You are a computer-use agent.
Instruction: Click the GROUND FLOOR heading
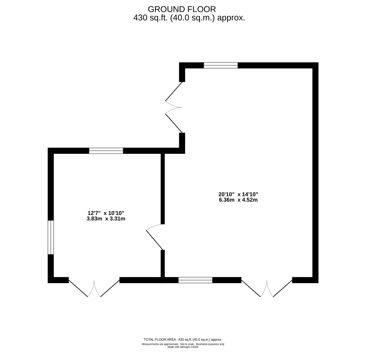point(182,9)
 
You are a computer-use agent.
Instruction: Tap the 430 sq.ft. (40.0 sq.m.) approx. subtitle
point(189,18)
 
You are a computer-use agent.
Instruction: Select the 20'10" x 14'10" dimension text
point(238,194)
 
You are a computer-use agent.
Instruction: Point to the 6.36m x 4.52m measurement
point(238,200)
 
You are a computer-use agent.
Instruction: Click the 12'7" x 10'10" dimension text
point(106,213)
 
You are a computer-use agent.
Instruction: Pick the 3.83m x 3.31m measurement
point(106,219)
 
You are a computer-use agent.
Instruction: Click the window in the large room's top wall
point(221,65)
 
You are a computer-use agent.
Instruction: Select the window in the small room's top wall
point(106,151)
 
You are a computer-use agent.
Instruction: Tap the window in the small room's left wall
point(51,237)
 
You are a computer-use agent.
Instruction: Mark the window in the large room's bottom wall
point(195,280)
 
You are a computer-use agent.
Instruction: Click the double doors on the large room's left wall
point(174,107)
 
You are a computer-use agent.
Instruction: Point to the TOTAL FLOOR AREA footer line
point(183,340)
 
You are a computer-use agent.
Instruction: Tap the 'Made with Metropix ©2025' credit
point(183,347)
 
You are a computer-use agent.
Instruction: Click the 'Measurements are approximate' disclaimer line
point(183,344)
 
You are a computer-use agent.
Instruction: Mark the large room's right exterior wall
point(315,173)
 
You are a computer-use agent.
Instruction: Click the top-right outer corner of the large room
point(318,62)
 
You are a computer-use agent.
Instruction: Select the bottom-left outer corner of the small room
point(48,283)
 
